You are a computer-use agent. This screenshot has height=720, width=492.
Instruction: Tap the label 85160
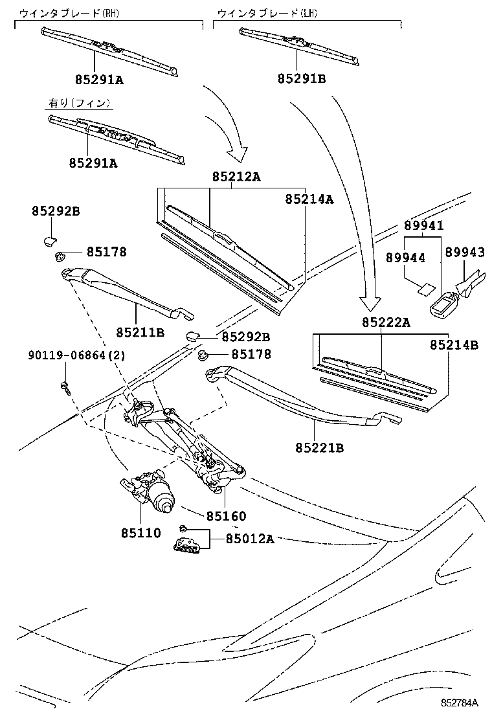point(226,517)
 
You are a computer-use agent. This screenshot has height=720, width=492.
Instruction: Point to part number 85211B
point(140,332)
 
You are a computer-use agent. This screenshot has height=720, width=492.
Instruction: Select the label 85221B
point(319,447)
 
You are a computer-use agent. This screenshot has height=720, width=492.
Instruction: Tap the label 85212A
point(236,177)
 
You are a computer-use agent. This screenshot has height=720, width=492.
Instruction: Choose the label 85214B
point(453,345)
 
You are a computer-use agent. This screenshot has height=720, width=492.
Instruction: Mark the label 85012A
point(249,538)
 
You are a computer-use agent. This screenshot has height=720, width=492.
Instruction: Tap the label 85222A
point(386,322)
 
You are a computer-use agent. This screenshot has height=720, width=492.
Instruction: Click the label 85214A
point(309,199)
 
